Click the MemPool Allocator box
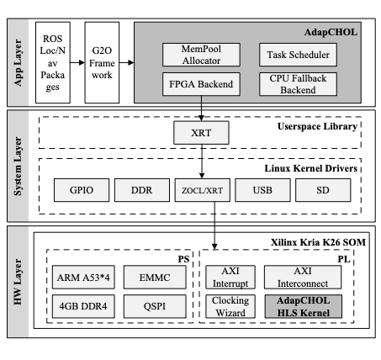201,55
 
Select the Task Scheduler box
298,55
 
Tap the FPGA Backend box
201,84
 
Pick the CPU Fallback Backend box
298,84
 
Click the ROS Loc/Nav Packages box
53,62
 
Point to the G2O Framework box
102,62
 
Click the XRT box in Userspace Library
201,133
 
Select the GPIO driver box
82,190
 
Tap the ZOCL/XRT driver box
203,190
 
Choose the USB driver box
262,190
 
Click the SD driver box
323,190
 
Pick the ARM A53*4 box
83,278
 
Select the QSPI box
155,306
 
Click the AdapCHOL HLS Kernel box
304,306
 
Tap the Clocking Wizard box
230,306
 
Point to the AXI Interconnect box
303,278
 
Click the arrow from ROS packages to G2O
77,62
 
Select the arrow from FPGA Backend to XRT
201,109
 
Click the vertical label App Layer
18,62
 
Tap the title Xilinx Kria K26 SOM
318,242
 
